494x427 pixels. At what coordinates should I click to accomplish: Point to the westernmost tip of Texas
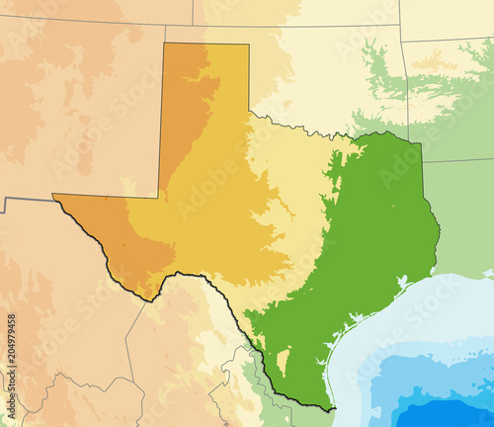pyautogui.click(x=53, y=195)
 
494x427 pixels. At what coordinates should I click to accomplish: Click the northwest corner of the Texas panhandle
pyautogui.click(x=163, y=43)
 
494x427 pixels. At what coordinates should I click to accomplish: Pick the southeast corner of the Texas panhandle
pyautogui.click(x=248, y=114)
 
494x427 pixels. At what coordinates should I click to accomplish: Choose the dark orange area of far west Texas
pyautogui.click(x=128, y=242)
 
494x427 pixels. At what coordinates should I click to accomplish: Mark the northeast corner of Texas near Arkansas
pyautogui.click(x=421, y=144)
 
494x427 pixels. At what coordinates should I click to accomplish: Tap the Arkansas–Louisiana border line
pyautogui.click(x=459, y=159)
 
